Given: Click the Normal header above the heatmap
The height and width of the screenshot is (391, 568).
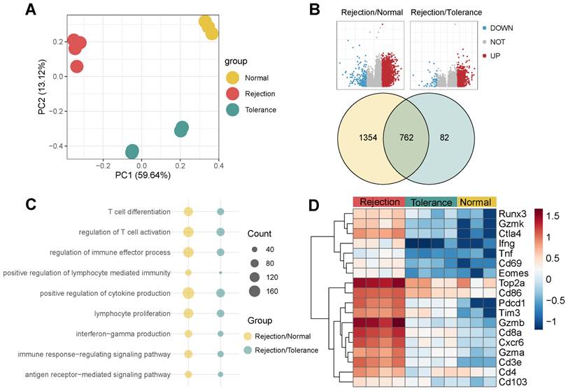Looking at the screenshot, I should coord(476,200).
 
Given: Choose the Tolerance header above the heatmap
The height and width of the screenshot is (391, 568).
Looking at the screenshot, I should coord(430,200).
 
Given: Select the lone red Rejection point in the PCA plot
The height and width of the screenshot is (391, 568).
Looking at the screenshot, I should coord(78,66).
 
